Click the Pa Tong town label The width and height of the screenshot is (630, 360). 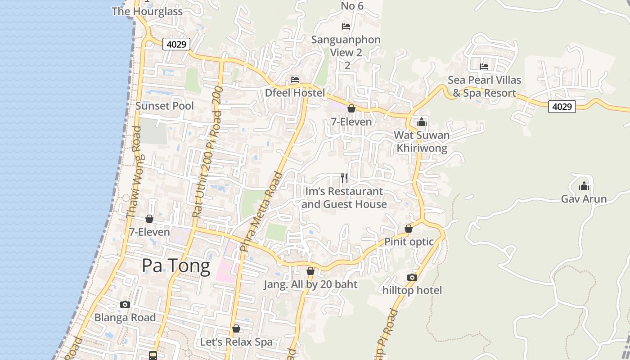[176, 266]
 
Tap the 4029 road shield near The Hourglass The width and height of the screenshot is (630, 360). [176, 44]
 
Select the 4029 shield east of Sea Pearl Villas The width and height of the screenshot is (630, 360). [562, 107]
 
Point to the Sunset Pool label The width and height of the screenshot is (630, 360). [165, 106]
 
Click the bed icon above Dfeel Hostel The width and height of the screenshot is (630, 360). [295, 80]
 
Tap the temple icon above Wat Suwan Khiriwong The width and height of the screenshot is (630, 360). [422, 122]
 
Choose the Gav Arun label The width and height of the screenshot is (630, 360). [584, 199]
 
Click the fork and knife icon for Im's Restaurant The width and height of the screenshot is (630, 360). [344, 178]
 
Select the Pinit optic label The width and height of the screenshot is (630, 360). [409, 242]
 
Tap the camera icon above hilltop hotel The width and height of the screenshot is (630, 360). [412, 277]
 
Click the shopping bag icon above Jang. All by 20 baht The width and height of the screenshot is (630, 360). [310, 271]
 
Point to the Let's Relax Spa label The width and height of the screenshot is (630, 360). [236, 342]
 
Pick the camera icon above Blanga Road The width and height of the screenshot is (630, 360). [125, 305]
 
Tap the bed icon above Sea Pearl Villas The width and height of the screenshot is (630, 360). [484, 67]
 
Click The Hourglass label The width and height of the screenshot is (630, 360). [147, 11]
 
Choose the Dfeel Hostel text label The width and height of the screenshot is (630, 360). [295, 93]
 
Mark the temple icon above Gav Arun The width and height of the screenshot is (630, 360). [584, 185]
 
